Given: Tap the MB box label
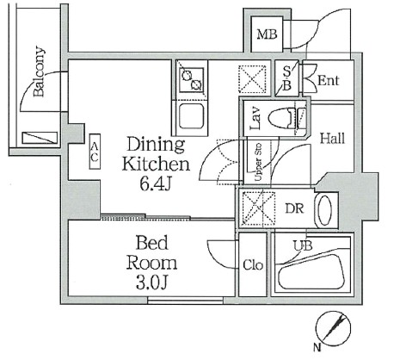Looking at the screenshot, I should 266,35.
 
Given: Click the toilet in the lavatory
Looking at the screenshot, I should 285,119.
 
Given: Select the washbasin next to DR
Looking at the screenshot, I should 325,210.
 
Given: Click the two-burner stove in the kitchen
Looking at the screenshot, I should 191,80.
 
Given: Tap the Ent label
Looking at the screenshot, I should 328,81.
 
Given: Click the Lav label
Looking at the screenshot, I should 255,117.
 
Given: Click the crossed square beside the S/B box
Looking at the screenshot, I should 255,79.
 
